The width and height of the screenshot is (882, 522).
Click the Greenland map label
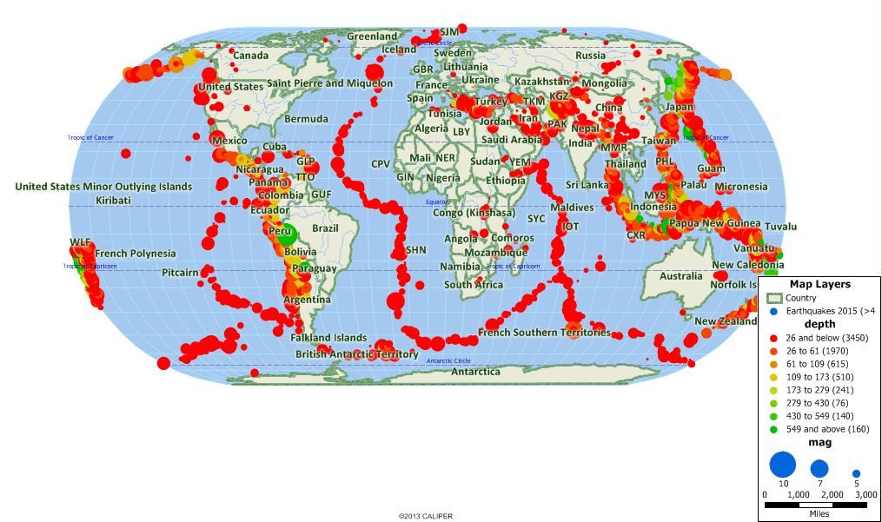(x=372, y=36)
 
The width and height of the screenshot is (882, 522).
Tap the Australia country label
(x=680, y=276)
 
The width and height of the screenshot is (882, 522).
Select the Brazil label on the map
(x=325, y=228)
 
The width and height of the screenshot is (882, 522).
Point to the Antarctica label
(x=474, y=372)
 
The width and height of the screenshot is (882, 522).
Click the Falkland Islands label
(x=328, y=338)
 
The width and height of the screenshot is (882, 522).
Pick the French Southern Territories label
(x=544, y=333)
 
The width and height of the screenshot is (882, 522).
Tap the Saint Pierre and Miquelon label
(x=330, y=83)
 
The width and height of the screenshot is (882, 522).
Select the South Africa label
(x=474, y=285)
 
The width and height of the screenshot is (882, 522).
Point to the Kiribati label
(x=115, y=201)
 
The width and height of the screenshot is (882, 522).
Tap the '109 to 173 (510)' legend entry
(x=822, y=377)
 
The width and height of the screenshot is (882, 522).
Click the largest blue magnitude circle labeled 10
(x=782, y=465)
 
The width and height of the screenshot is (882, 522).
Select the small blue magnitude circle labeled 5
(x=856, y=473)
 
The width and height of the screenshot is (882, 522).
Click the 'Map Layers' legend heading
(x=819, y=284)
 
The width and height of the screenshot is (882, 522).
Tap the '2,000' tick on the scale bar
(x=832, y=494)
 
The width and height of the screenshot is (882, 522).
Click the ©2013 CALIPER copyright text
(x=426, y=516)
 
